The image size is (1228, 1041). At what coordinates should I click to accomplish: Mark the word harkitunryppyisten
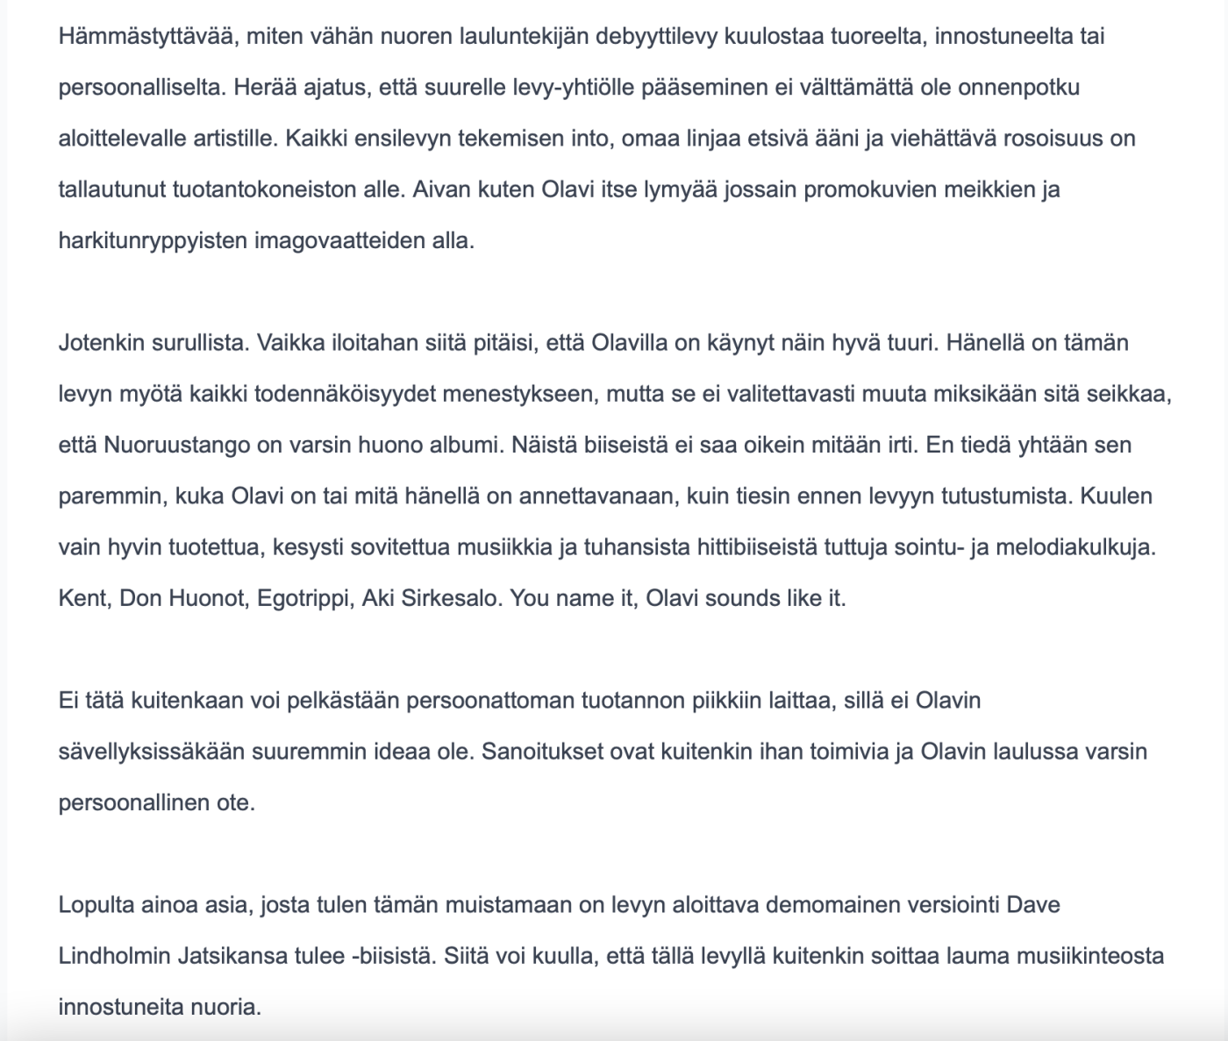coord(153,240)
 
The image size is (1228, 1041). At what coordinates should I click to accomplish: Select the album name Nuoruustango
coord(177,445)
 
